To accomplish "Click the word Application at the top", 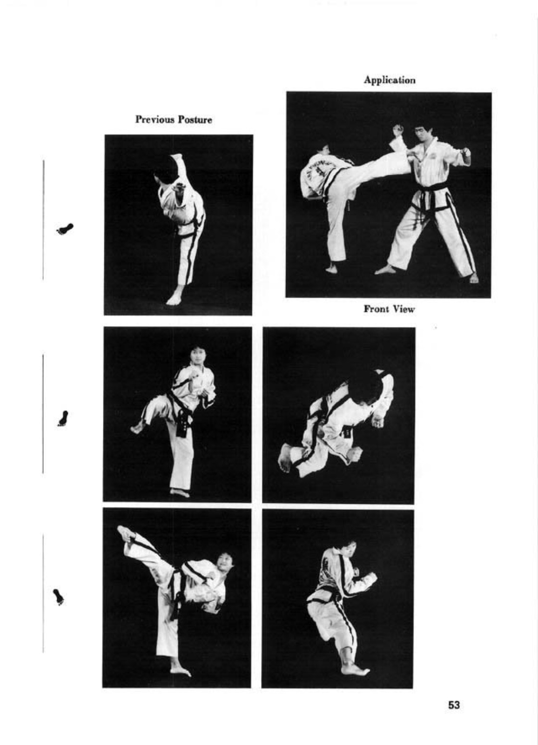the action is [x=389, y=80].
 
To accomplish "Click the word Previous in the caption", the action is [x=155, y=119].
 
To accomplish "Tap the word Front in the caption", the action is [x=376, y=309].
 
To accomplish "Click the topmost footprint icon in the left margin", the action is [x=65, y=229].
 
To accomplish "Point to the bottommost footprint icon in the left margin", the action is [x=59, y=597].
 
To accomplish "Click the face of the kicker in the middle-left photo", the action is [x=197, y=357].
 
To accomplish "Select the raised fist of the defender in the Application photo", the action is [x=398, y=131].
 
